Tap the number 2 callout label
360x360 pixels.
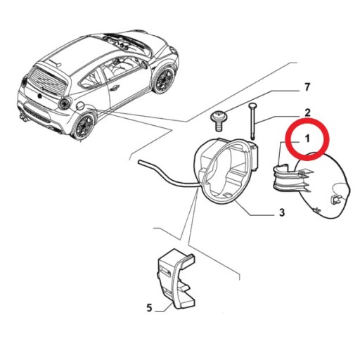click(x=307, y=113)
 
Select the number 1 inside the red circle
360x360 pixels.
click(x=307, y=141)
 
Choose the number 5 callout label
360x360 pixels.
click(x=149, y=307)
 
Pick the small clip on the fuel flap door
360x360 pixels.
click(x=337, y=200)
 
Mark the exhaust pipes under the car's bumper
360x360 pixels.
click(x=25, y=117)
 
